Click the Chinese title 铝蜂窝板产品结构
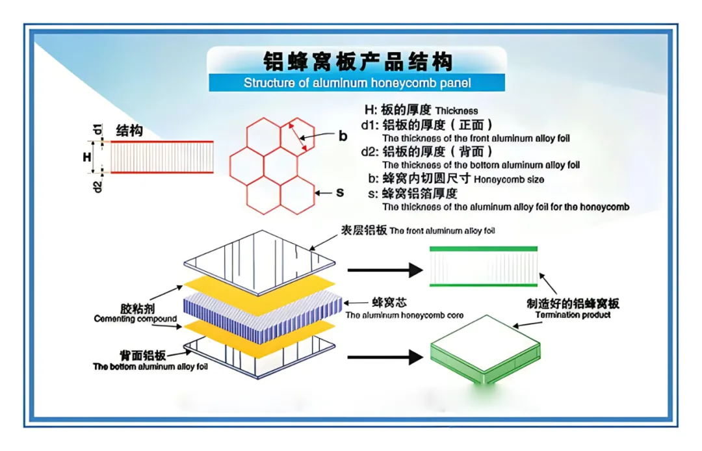tap(357, 61)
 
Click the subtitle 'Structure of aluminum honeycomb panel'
tap(357, 83)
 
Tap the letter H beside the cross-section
tap(87, 157)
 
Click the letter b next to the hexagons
tap(343, 136)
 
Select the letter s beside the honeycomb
tap(340, 193)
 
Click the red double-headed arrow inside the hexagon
tap(298, 137)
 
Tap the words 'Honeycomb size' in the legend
tap(509, 180)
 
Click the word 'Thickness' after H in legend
tap(457, 111)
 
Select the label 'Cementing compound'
tap(135, 319)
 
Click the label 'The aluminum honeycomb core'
tap(404, 315)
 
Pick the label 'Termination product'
tap(573, 315)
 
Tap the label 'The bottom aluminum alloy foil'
tap(150, 367)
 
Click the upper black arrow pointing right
tap(385, 270)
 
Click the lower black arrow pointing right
tap(385, 357)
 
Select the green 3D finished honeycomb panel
tap(486, 350)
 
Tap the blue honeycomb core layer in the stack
tap(263, 316)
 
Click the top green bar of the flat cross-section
tap(484, 249)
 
